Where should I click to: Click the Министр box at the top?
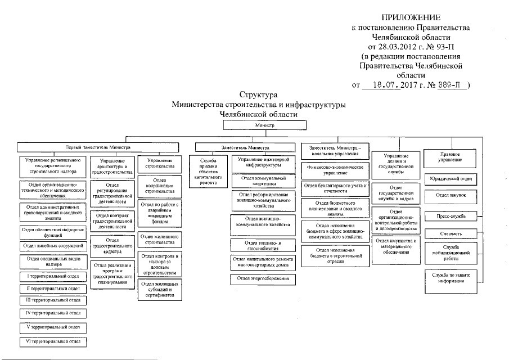point(263,126)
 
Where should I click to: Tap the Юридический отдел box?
point(451,179)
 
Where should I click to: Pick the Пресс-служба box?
point(451,216)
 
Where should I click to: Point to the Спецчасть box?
point(451,232)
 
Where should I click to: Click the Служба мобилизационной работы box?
point(451,251)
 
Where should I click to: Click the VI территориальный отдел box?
point(53,341)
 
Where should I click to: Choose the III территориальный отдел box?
point(53,300)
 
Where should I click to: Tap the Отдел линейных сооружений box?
point(53,246)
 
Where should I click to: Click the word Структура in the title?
point(258,94)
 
